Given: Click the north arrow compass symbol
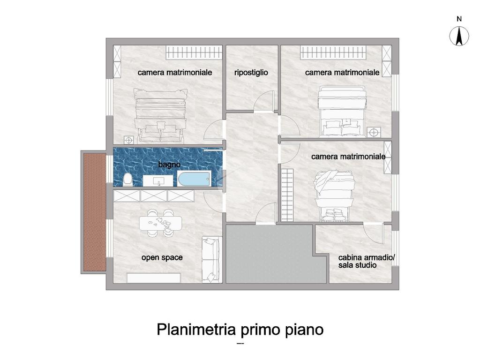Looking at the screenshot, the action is coord(459,36).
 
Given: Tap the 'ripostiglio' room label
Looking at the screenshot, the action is coord(251,73).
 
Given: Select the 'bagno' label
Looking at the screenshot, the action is coord(169,165).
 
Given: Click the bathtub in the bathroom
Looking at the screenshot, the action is coord(194,179).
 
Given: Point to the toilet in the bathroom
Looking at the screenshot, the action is coord(127,180).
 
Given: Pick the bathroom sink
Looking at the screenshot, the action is coord(158,180).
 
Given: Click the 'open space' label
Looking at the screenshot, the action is coord(162,257).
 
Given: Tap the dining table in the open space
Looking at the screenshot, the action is coord(160,223).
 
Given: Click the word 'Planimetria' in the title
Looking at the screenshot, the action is coord(196,330).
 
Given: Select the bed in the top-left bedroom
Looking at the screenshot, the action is coord(161,116).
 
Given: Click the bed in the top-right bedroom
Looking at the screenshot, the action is coord(342,112).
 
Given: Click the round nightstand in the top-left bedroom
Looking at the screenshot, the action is coord(129,140).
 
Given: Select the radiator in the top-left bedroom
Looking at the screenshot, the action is coord(194,52).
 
